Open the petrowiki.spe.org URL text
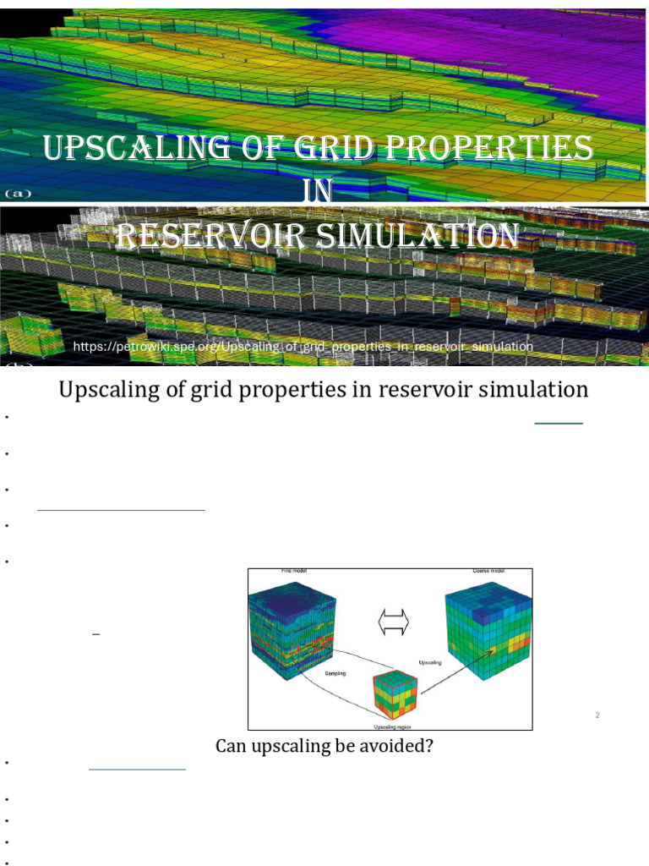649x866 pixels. coord(303,347)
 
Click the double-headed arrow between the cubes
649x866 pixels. coord(393,623)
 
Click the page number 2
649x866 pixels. coord(597,715)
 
